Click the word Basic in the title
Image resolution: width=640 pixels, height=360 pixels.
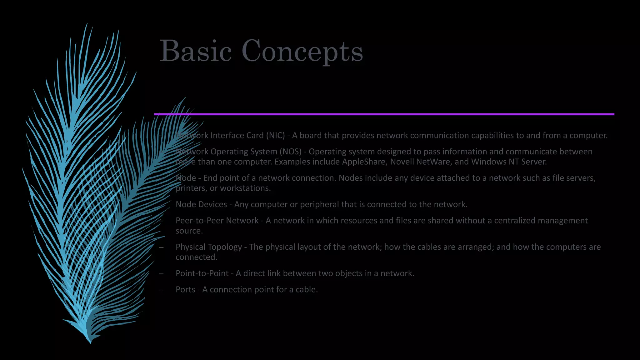(x=196, y=51)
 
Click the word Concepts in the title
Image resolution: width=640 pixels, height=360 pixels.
(x=302, y=52)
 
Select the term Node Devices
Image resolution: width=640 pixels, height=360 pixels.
(x=201, y=204)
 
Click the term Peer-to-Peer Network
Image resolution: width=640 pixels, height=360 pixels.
(x=217, y=221)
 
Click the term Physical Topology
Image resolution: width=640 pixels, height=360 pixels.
(x=209, y=247)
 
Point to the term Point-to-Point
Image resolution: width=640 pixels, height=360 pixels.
(x=202, y=273)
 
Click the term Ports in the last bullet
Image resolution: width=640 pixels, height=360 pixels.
(x=185, y=290)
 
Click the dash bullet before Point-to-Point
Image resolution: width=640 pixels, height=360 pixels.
(x=161, y=273)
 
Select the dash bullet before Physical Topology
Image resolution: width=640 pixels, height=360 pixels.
(x=161, y=247)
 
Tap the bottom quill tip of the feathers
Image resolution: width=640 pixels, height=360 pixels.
(x=90, y=342)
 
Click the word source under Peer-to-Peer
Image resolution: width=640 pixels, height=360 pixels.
(x=189, y=231)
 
